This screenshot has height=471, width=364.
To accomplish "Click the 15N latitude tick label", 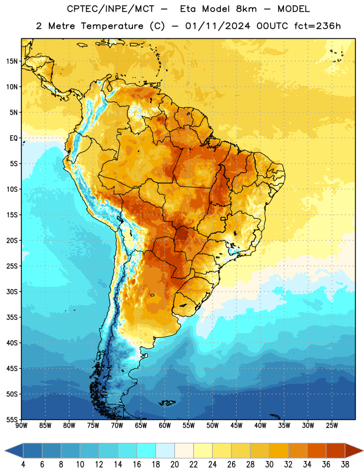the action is pos(12,61).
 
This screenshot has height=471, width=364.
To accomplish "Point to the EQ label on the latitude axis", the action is pos(14,138).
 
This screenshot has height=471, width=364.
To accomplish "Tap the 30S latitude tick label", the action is pos(12,291).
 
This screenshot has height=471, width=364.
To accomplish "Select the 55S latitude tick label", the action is pos(12,420).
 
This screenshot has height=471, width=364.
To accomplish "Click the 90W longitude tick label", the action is pos(21,426).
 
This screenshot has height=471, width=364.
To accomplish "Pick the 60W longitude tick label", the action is pos(165,426).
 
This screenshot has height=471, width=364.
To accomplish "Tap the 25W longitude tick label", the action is pos(332,426).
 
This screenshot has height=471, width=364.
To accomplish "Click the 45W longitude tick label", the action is pos(236,426).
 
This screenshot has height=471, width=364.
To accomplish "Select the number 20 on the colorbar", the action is pos(174,465).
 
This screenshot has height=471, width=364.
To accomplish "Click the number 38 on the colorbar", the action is pos(345,465).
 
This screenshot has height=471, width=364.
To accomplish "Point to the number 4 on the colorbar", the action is pos(23,465).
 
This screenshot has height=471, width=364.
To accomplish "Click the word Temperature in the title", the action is pos(112,26).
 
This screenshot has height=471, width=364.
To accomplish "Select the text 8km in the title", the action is pos(246,9).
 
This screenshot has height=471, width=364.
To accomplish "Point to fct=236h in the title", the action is pos(317,26).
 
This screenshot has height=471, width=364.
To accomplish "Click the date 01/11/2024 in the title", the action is pos(217,26).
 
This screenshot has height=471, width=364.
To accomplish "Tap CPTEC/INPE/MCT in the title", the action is pos(111,9).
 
